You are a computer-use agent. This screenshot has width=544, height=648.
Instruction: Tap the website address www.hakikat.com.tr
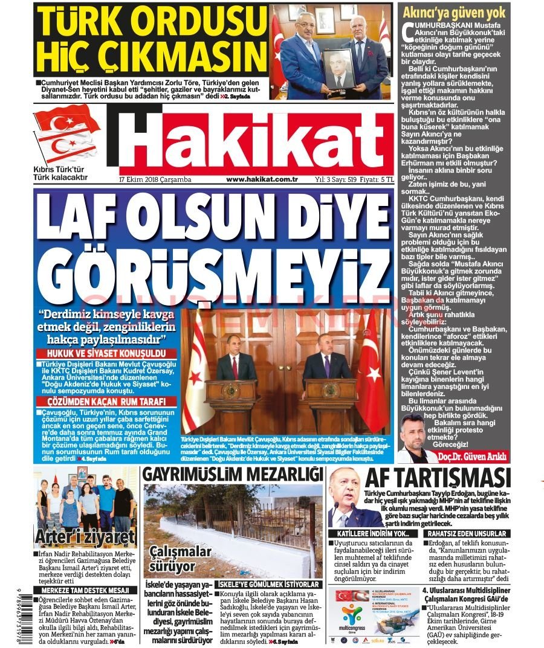(x=262, y=179)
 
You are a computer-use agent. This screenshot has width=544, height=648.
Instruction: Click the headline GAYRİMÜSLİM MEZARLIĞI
(x=232, y=475)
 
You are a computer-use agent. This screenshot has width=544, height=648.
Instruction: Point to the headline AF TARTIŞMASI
(x=438, y=479)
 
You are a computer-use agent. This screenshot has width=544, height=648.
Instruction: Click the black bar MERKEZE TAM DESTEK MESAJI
(x=85, y=590)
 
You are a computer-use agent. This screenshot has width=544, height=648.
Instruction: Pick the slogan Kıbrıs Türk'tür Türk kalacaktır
(x=61, y=173)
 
